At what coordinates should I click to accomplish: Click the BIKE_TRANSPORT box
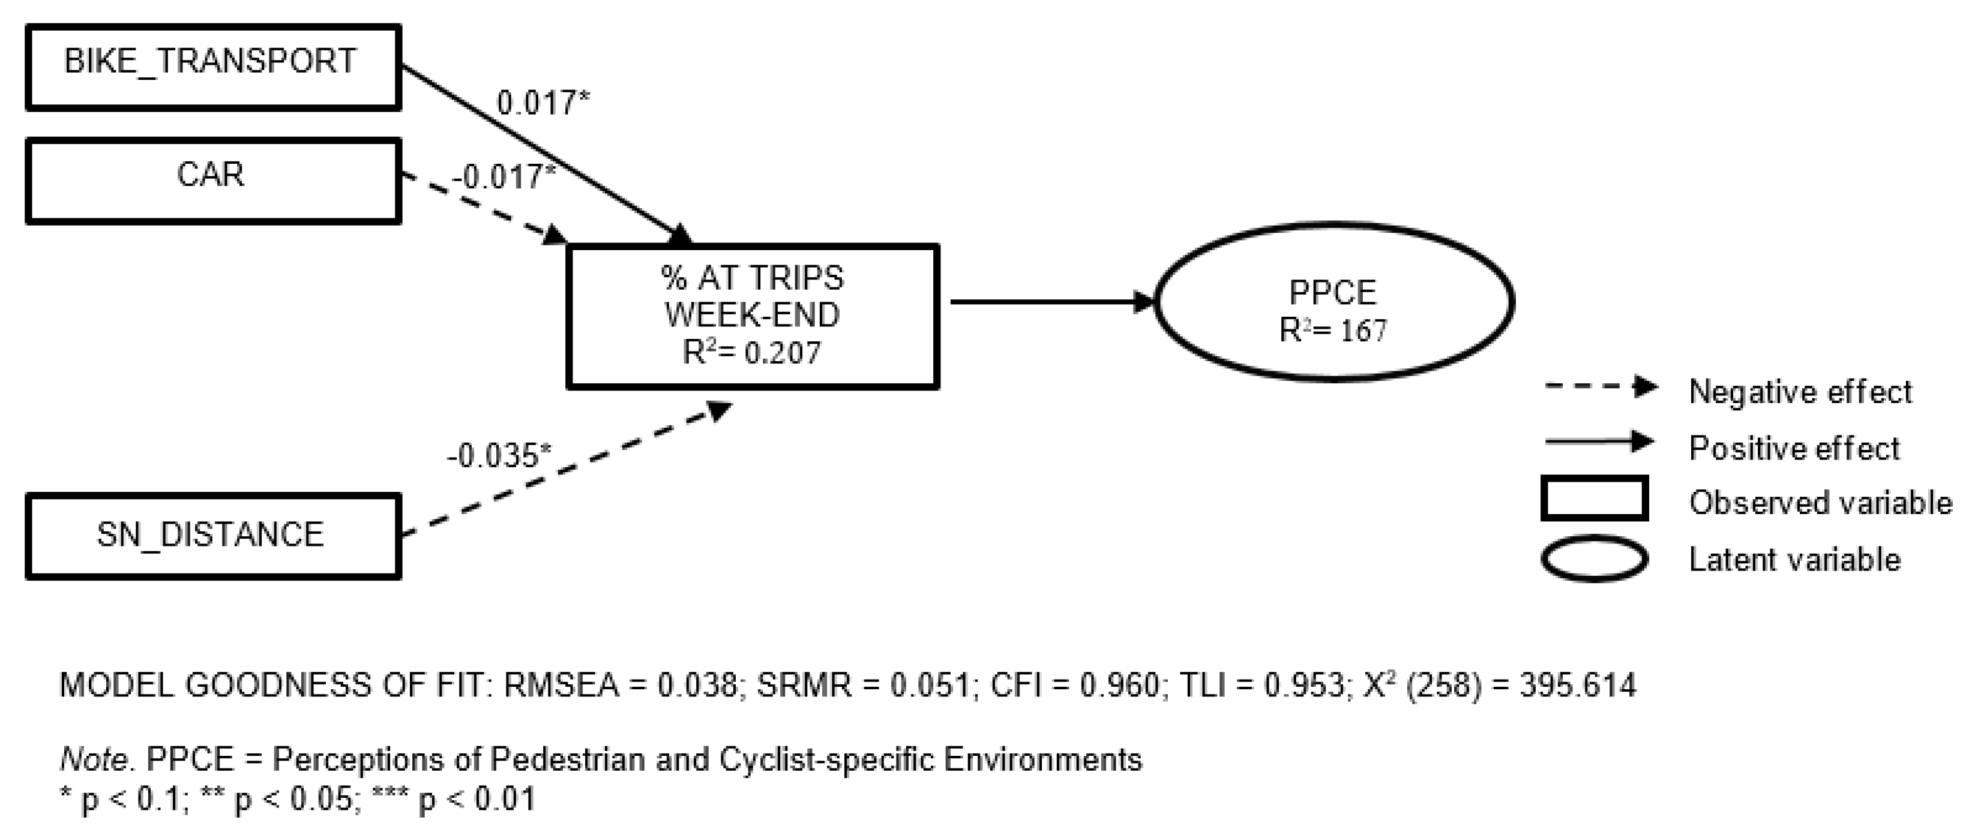213,67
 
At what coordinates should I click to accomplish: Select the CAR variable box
213,181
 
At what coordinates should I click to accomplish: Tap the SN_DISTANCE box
213,536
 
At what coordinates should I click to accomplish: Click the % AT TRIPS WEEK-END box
753,316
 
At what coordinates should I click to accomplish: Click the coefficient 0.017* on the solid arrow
543,103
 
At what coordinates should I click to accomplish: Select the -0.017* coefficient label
503,177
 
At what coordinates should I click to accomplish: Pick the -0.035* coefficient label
498,456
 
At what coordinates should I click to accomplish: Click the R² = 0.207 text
752,353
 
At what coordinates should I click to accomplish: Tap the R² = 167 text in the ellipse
1333,331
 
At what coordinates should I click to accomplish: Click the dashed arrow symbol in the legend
1600,386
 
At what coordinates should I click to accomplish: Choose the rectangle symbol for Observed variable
1595,498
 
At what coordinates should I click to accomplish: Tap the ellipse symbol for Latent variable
1595,558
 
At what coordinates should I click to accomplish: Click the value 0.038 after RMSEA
697,685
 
